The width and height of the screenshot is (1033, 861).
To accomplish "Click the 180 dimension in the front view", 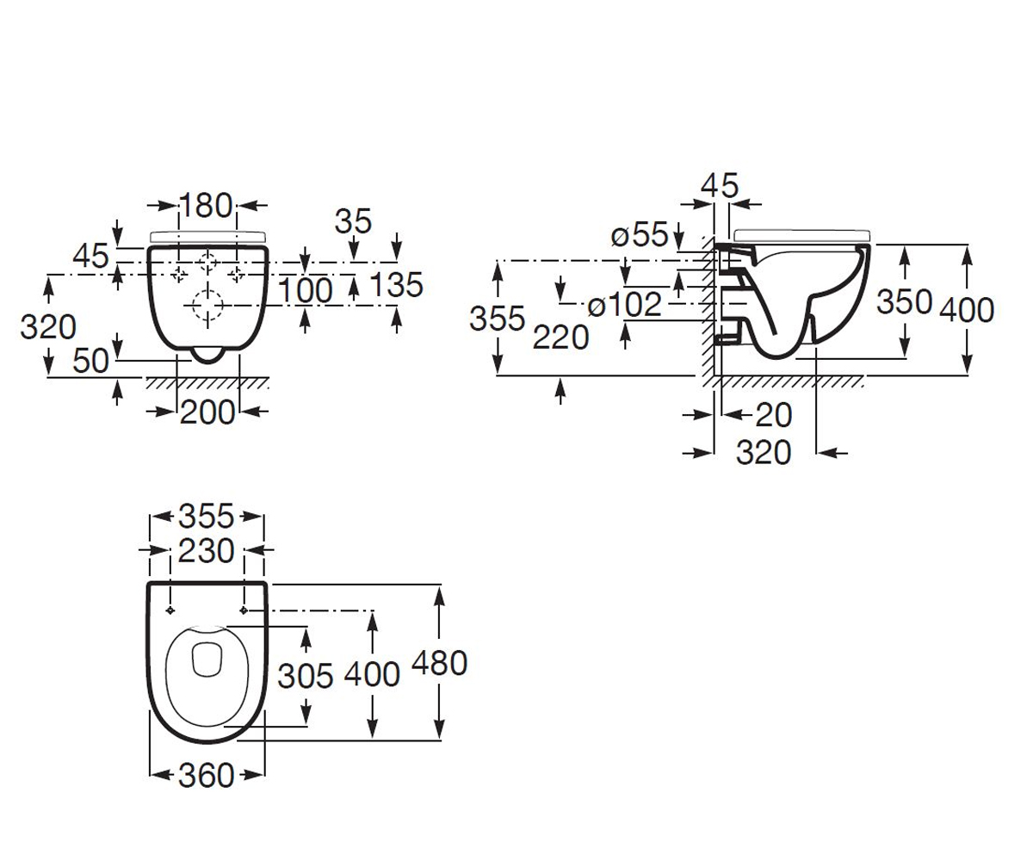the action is [x=206, y=206].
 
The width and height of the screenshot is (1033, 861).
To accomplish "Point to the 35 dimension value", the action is [x=353, y=221].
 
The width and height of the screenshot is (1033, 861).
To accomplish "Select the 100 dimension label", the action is [x=306, y=290].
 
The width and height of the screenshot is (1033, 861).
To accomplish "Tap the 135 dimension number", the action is [x=396, y=284].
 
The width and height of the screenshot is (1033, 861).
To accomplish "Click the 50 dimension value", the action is [x=90, y=361].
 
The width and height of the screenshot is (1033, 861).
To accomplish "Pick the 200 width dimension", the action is [x=207, y=412].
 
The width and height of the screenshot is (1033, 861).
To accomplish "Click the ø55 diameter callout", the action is [x=640, y=234].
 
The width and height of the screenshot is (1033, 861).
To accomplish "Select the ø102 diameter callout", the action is [x=625, y=304].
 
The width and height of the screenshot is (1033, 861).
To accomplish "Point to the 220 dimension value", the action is [x=560, y=338].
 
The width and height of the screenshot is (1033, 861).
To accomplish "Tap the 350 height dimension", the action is [x=905, y=302].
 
